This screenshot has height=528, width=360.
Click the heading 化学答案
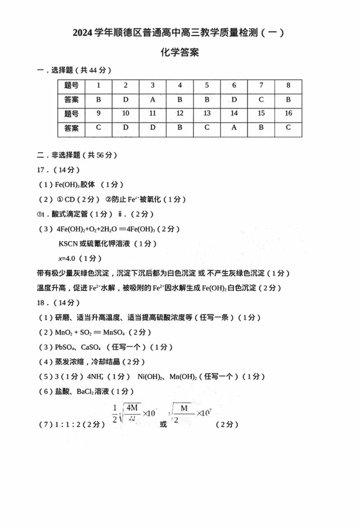(180, 53)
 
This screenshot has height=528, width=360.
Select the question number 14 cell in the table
(234, 113)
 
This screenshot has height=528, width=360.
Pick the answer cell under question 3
(153, 99)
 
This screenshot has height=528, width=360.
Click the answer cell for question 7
(261, 99)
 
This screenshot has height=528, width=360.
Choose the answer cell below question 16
(288, 128)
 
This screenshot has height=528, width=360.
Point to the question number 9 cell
(99, 113)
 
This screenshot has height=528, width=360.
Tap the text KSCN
(68, 244)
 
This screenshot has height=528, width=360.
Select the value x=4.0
(67, 258)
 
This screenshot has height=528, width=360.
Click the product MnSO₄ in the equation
(114, 333)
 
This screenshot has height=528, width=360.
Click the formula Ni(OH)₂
(150, 376)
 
